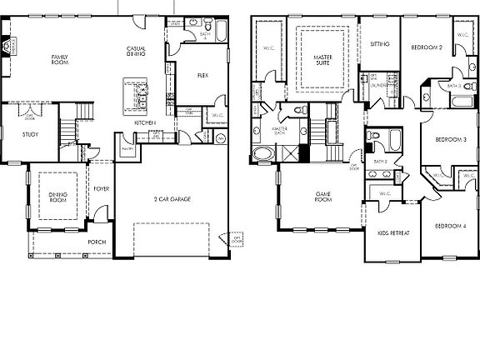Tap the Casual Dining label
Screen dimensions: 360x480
pos(137,52)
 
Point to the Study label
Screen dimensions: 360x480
pos(18,133)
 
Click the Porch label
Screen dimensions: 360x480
pos(97,242)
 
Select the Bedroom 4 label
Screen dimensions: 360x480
pos(450,227)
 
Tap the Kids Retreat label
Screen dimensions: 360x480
pos(393,233)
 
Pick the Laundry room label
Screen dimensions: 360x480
pos(376,85)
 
